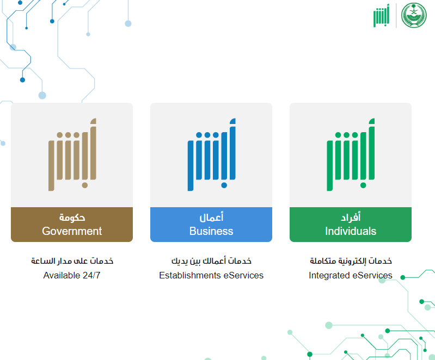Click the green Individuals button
351,225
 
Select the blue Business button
211,225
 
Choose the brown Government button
72,225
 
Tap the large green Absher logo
351,154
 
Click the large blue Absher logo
211,154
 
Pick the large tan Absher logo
72,154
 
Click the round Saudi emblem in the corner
414,15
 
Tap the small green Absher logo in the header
381,16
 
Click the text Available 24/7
72,275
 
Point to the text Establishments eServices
211,275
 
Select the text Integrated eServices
351,275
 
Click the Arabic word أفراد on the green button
351,217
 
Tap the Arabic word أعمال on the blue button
211,217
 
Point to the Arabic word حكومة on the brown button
72,218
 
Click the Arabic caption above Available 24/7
72,261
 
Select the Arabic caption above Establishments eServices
211,261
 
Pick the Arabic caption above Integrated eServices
351,261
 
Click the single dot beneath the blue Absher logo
224,185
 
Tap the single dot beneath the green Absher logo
363,185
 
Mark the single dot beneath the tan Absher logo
85,185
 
